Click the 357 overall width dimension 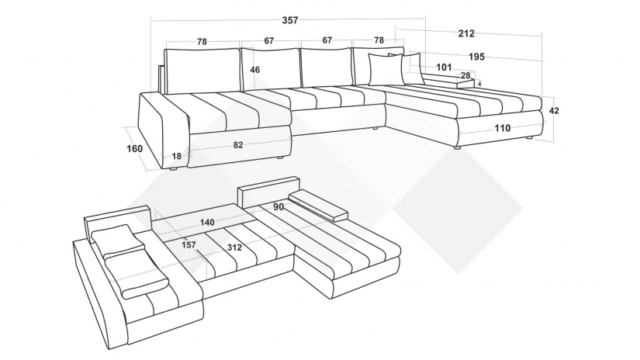pos(290,20)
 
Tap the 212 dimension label pos(466,33)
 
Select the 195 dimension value pos(476,57)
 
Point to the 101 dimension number pos(444,67)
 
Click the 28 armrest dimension pos(465,75)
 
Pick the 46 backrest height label pos(254,70)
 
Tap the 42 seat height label pos(554,111)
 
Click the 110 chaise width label pos(503,128)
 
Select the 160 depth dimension pos(135,148)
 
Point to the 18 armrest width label pos(176,156)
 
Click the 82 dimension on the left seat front pos(238,145)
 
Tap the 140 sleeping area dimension pos(207,223)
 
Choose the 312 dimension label pos(234,247)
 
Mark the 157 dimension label pos(189,245)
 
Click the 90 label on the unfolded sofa pos(278,207)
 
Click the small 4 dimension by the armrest pos(479,84)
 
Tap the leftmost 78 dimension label pos(202,42)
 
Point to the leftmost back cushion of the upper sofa pos(202,71)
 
